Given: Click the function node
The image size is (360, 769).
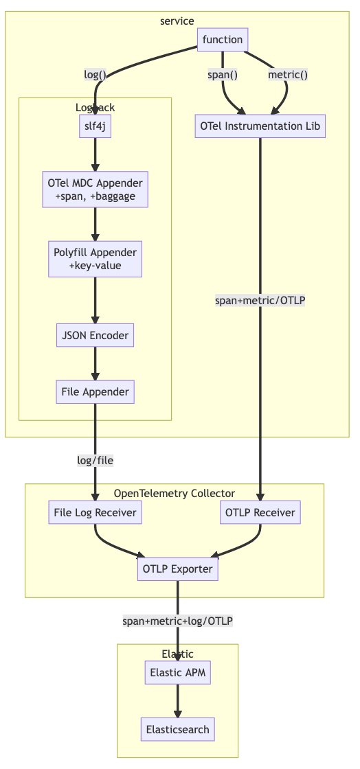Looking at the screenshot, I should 222,40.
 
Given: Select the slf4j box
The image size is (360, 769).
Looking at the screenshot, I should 95,126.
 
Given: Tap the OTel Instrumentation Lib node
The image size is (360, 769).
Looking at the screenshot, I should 260,126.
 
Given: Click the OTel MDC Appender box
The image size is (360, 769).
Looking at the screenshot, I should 95,190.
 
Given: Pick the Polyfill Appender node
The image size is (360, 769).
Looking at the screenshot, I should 95,259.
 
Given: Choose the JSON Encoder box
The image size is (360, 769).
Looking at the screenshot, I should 95,336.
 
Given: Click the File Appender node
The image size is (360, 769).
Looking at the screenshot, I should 95,392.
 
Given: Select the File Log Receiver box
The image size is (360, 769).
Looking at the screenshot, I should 95,512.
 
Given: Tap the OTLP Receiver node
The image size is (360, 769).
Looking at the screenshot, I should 260,512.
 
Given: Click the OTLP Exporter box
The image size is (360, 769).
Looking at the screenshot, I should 178,569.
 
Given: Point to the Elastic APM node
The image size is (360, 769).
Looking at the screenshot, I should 178,673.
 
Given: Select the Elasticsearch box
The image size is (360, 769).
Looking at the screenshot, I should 178,729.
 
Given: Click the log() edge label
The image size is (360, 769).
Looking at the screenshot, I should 95,74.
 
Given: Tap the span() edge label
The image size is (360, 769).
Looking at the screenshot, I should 222,74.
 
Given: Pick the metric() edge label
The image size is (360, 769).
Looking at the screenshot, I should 287,74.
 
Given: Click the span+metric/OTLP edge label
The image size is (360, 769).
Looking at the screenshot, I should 260,300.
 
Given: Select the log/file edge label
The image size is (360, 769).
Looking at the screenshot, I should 95,461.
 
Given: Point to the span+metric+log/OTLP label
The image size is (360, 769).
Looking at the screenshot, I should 178,621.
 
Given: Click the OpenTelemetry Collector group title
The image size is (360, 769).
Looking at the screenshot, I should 174,493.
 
